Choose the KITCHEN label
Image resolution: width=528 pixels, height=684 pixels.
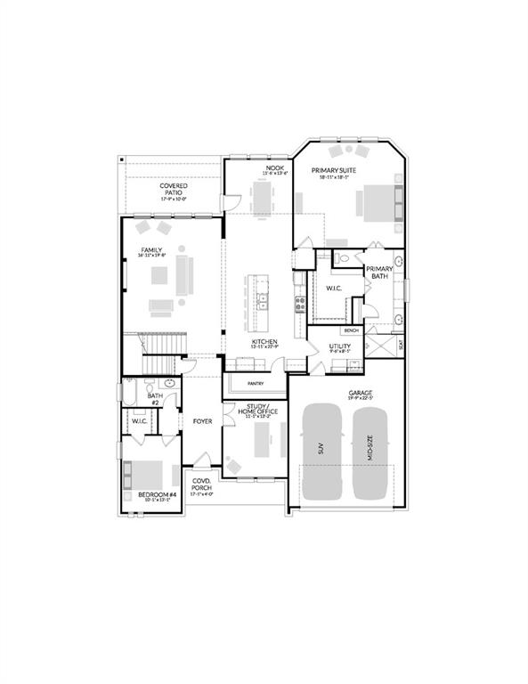click(264, 342)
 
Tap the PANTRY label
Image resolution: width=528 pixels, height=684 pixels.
click(256, 384)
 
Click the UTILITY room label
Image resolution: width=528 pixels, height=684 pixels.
click(339, 346)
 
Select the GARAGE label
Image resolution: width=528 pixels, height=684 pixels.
click(361, 393)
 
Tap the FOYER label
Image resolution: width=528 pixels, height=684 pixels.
click(202, 419)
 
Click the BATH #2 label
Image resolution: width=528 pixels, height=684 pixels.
click(153, 400)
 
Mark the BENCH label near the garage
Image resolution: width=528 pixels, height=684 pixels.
click(352, 330)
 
